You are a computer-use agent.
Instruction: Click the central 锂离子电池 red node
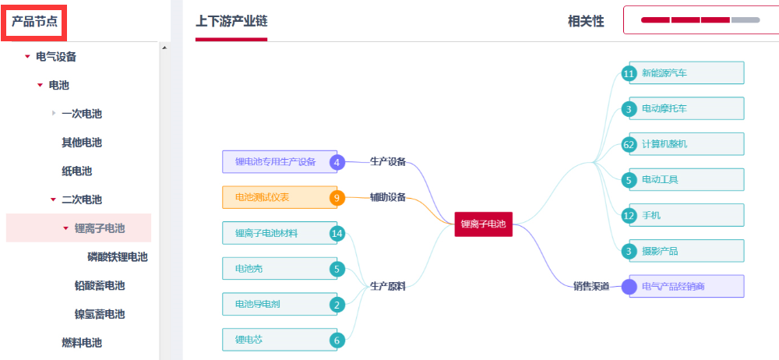[483, 224]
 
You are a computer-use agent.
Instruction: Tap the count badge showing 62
[629, 144]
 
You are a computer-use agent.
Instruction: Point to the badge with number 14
[337, 233]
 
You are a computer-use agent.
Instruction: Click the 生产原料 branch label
[387, 286]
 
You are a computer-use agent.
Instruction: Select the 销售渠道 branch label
[591, 286]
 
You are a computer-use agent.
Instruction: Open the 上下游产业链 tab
[231, 21]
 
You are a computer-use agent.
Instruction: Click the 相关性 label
[586, 21]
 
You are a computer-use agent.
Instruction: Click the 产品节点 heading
[35, 21]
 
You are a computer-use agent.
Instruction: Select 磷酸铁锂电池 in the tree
[118, 257]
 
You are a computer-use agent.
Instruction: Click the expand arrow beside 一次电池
[54, 114]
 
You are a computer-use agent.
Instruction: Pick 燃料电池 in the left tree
[82, 343]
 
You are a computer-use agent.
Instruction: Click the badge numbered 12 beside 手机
[629, 215]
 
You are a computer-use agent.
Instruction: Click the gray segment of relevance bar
[746, 19]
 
